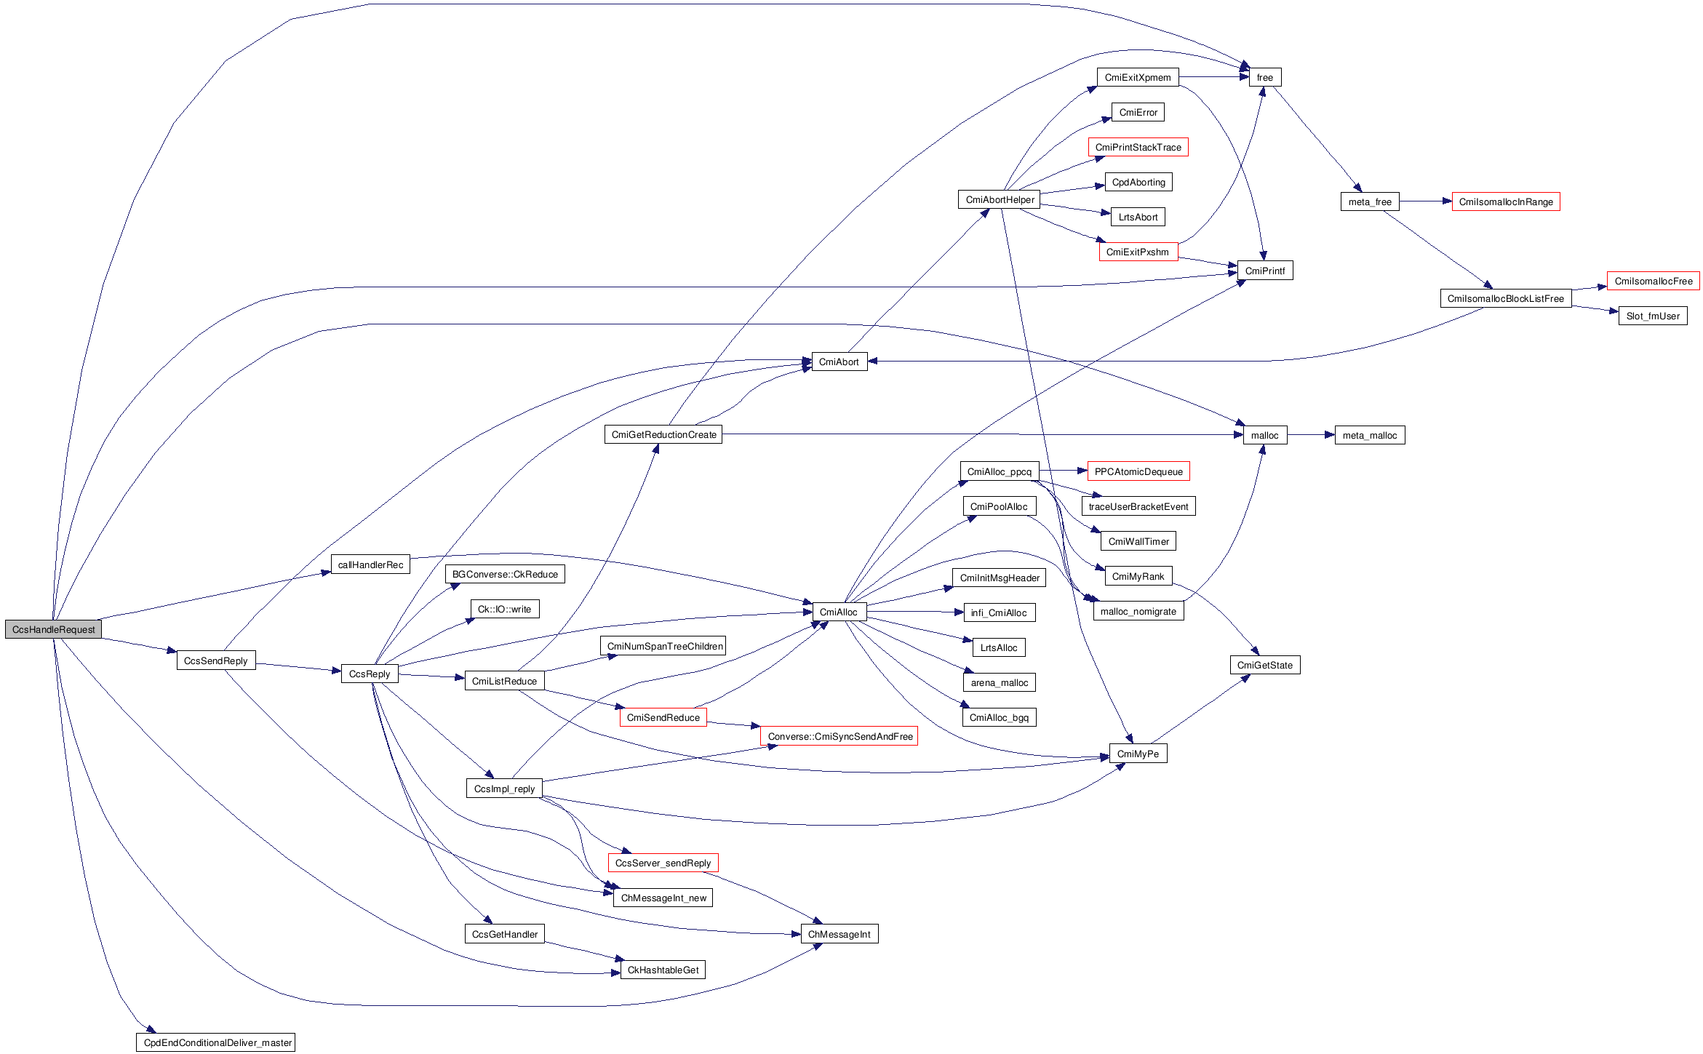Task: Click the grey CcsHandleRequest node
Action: click(53, 629)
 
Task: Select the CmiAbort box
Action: click(839, 362)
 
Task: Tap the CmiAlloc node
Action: click(838, 612)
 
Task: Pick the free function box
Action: click(1264, 77)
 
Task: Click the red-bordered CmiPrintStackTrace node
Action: click(1138, 147)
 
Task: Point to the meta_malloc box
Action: click(1369, 435)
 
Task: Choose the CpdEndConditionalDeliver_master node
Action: click(216, 1042)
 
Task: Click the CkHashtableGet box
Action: click(663, 970)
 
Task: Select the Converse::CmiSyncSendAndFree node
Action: click(839, 736)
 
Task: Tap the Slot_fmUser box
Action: click(1652, 316)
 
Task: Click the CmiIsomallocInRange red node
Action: click(1505, 201)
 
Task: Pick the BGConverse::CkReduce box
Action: click(505, 574)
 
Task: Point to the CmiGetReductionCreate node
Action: click(663, 434)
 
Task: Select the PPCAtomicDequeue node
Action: click(1138, 471)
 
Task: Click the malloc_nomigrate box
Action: click(1138, 611)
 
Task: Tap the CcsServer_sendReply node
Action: click(663, 863)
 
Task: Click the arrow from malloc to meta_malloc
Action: click(1311, 435)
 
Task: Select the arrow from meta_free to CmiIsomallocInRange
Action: click(1425, 201)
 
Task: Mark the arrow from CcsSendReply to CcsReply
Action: click(298, 667)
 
